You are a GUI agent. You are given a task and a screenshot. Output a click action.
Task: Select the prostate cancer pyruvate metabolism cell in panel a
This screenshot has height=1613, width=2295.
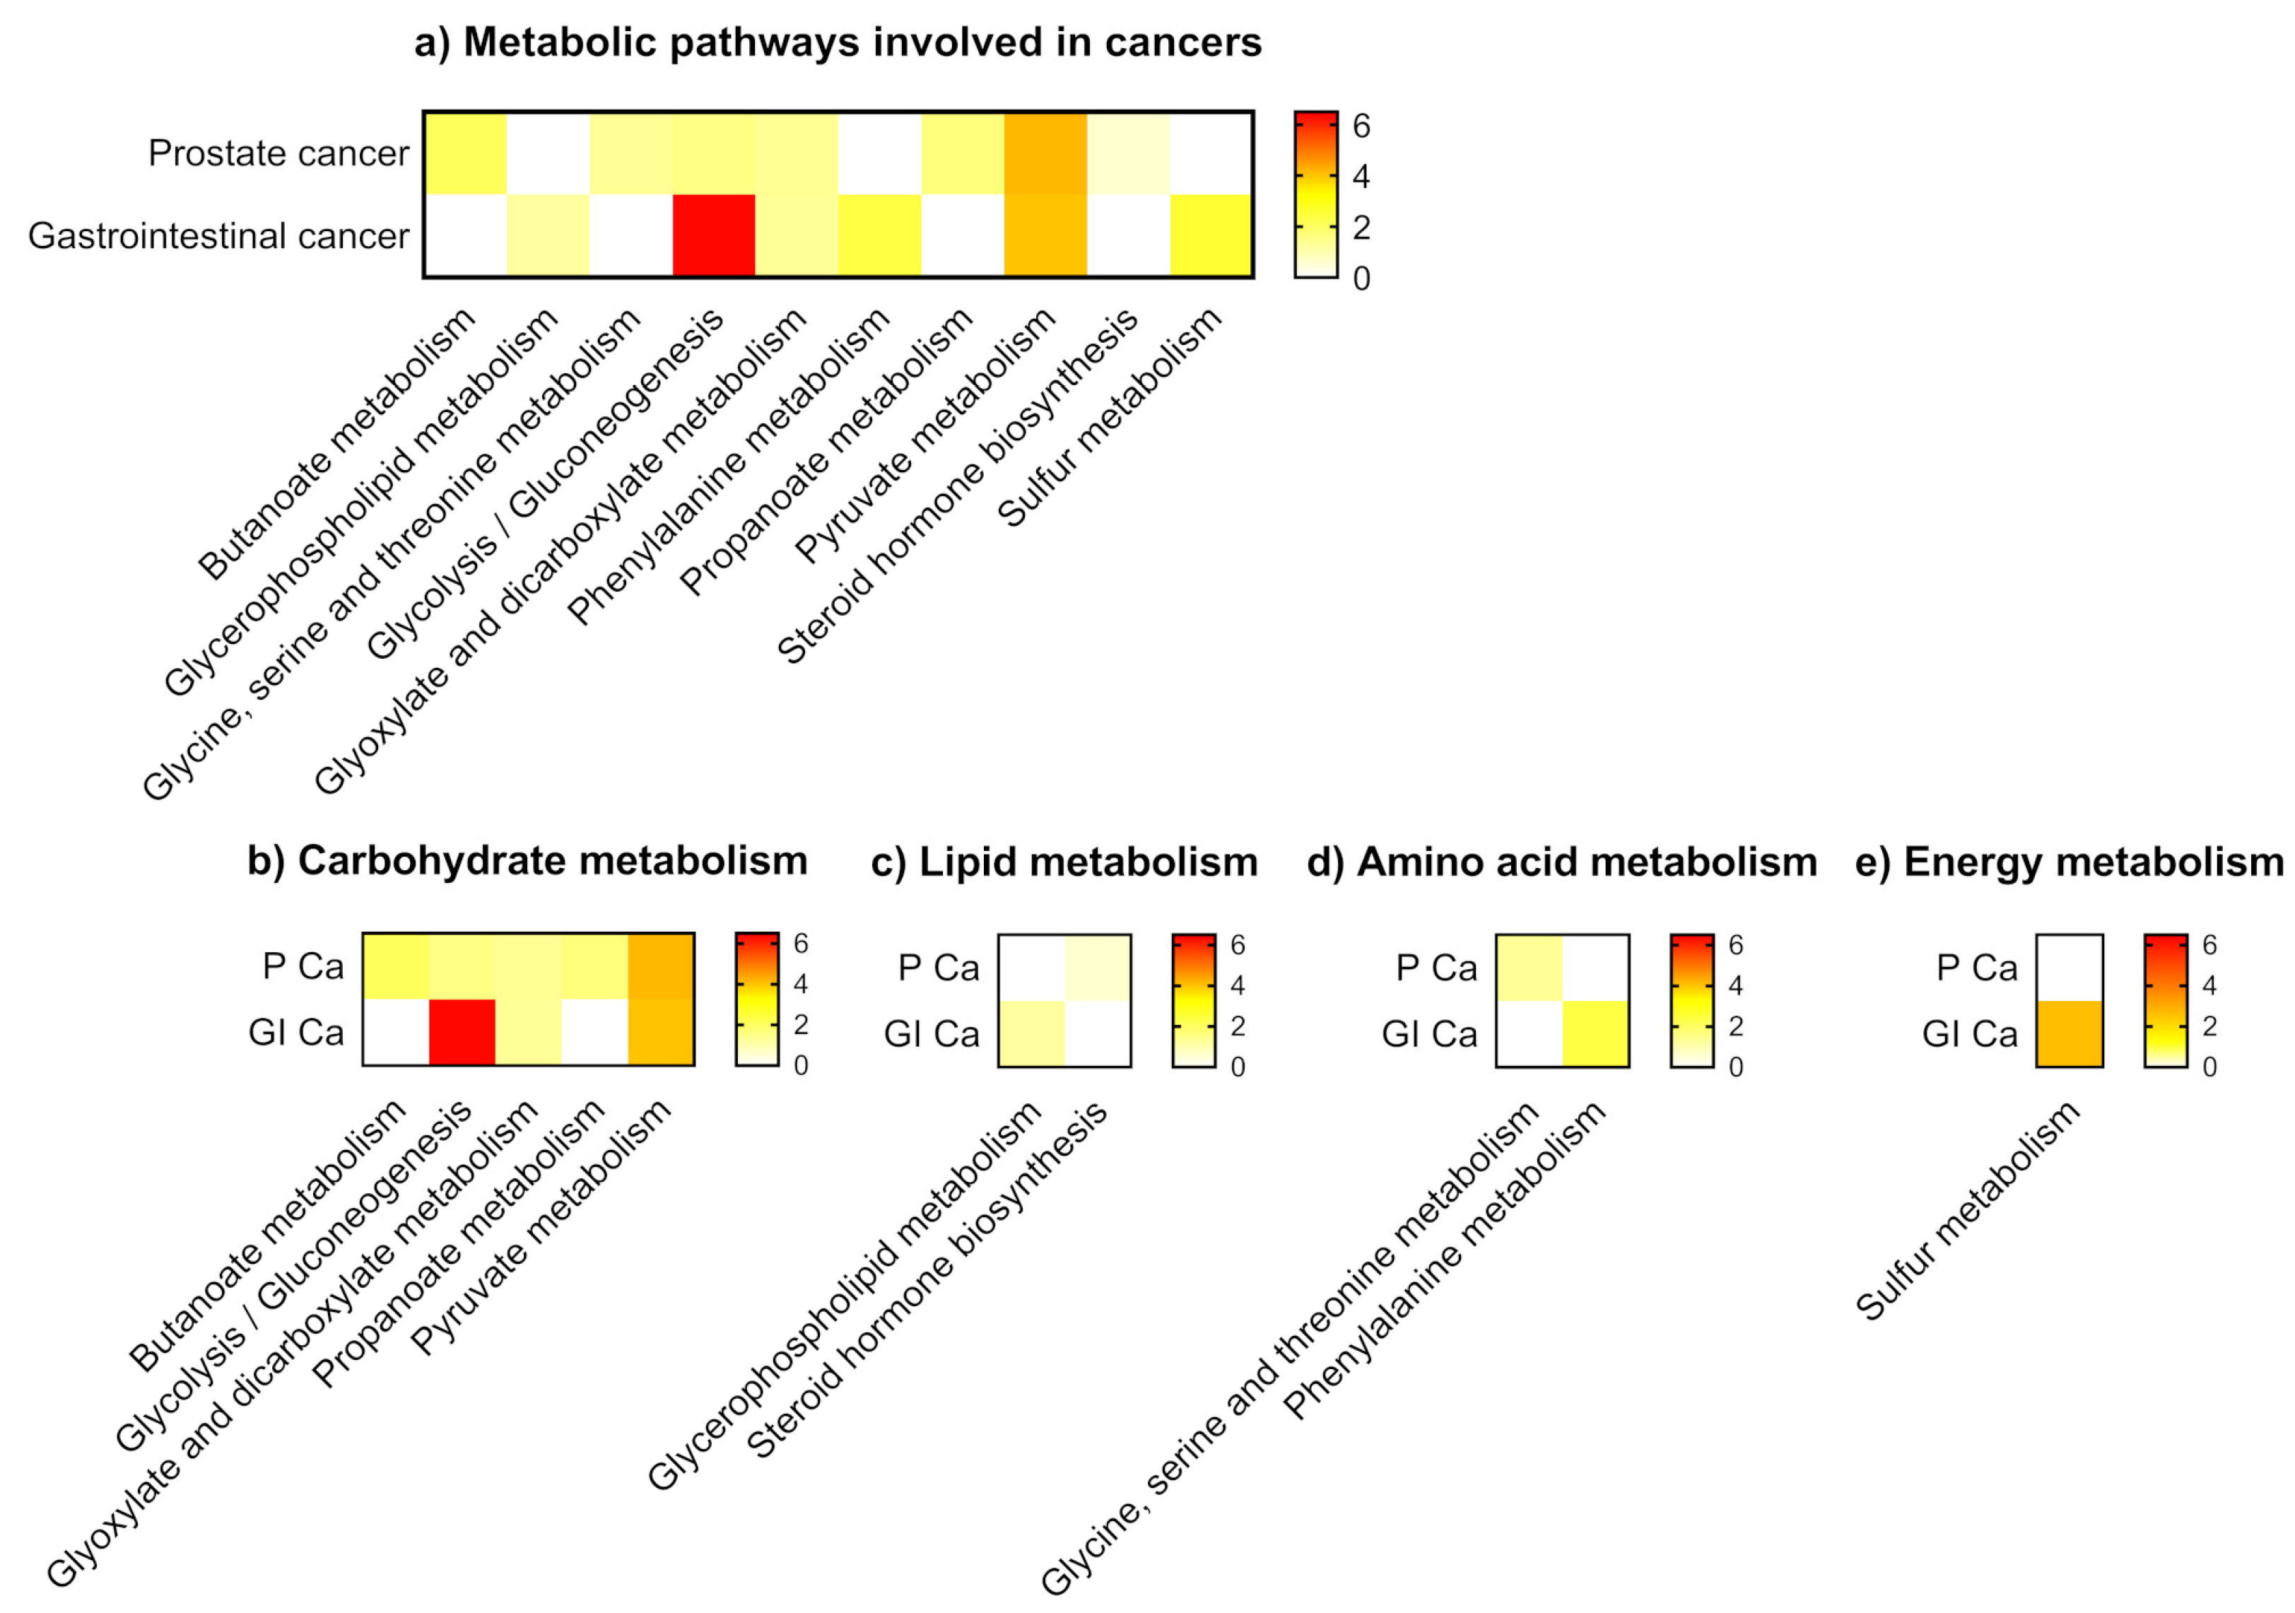1045,153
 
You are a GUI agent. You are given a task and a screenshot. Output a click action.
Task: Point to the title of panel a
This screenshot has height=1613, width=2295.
838,42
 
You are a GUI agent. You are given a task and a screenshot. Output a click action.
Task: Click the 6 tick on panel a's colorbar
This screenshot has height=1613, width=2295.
1361,126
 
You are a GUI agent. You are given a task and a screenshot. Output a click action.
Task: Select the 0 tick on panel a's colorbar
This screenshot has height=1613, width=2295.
1361,278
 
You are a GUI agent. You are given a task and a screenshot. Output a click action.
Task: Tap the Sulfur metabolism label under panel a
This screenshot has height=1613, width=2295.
1110,418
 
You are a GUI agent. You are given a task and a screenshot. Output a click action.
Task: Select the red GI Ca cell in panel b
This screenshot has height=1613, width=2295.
462,1033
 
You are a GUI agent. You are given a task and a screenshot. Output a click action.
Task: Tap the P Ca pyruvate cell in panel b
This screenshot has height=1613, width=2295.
661,966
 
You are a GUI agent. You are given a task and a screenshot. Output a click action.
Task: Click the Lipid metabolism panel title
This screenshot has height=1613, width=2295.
1064,862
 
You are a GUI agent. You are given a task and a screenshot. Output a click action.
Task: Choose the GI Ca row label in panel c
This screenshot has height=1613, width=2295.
931,1033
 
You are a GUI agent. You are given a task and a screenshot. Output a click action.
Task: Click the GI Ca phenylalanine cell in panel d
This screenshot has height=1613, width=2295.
1595,1033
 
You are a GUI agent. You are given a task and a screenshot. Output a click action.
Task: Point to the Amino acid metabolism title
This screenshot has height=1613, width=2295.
1561,862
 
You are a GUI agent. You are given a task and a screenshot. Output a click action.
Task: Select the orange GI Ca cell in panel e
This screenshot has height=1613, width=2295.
2069,1033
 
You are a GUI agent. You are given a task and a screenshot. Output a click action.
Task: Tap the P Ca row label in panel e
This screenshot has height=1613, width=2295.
1976,968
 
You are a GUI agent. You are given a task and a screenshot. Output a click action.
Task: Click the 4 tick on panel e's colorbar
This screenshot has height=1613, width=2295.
2209,985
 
